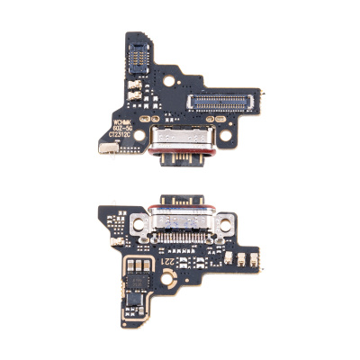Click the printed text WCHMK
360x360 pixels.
click(x=122, y=117)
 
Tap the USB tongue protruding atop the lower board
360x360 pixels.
click(x=177, y=203)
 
